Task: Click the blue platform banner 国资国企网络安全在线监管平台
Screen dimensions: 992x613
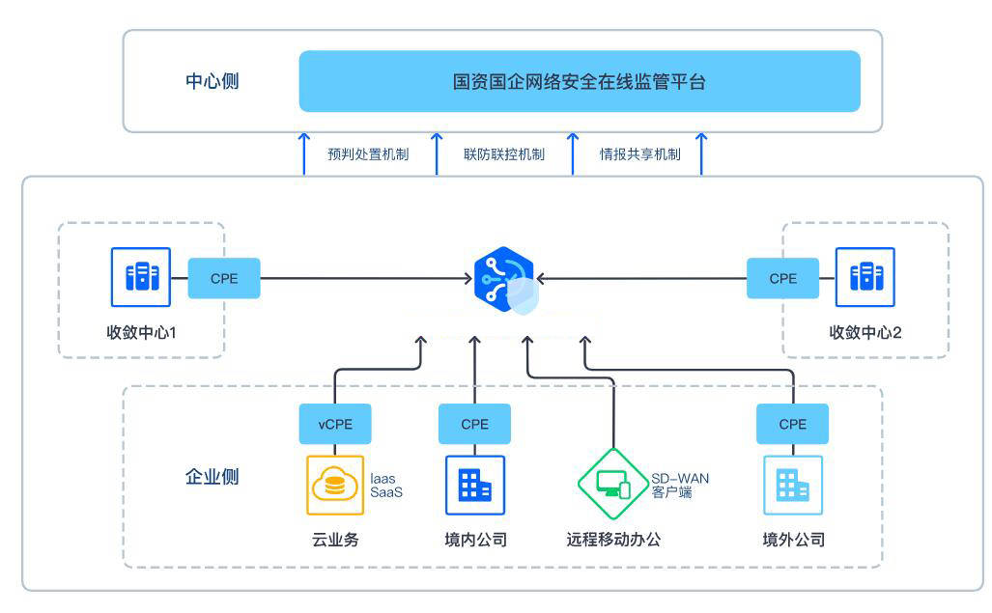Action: pos(580,81)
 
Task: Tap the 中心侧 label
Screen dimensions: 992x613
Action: pos(212,81)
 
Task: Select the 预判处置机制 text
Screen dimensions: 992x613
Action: pos(368,154)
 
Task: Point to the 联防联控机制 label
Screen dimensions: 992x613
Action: pos(504,154)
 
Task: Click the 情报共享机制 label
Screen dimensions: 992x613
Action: pos(640,154)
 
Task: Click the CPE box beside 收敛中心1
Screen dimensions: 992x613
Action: pos(224,278)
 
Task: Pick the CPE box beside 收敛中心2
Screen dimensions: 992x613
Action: pos(782,278)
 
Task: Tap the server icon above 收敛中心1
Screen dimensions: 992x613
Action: pos(141,277)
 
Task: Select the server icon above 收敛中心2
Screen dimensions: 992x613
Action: pos(864,277)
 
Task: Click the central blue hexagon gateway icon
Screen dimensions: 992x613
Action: pos(505,280)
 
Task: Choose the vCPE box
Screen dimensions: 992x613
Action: pos(335,424)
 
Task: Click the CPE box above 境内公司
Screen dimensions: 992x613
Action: pos(474,424)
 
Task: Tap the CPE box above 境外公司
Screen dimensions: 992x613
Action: pos(793,424)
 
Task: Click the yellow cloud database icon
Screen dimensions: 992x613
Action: pos(335,486)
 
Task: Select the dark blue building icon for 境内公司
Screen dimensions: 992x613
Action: pos(475,486)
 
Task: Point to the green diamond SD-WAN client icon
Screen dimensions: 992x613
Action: pos(613,484)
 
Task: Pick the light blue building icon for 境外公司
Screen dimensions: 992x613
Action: pos(793,486)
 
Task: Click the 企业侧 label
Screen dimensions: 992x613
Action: pos(212,477)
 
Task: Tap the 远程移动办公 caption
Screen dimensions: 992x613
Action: pos(613,539)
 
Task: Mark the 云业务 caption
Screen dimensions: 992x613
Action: pos(335,539)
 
